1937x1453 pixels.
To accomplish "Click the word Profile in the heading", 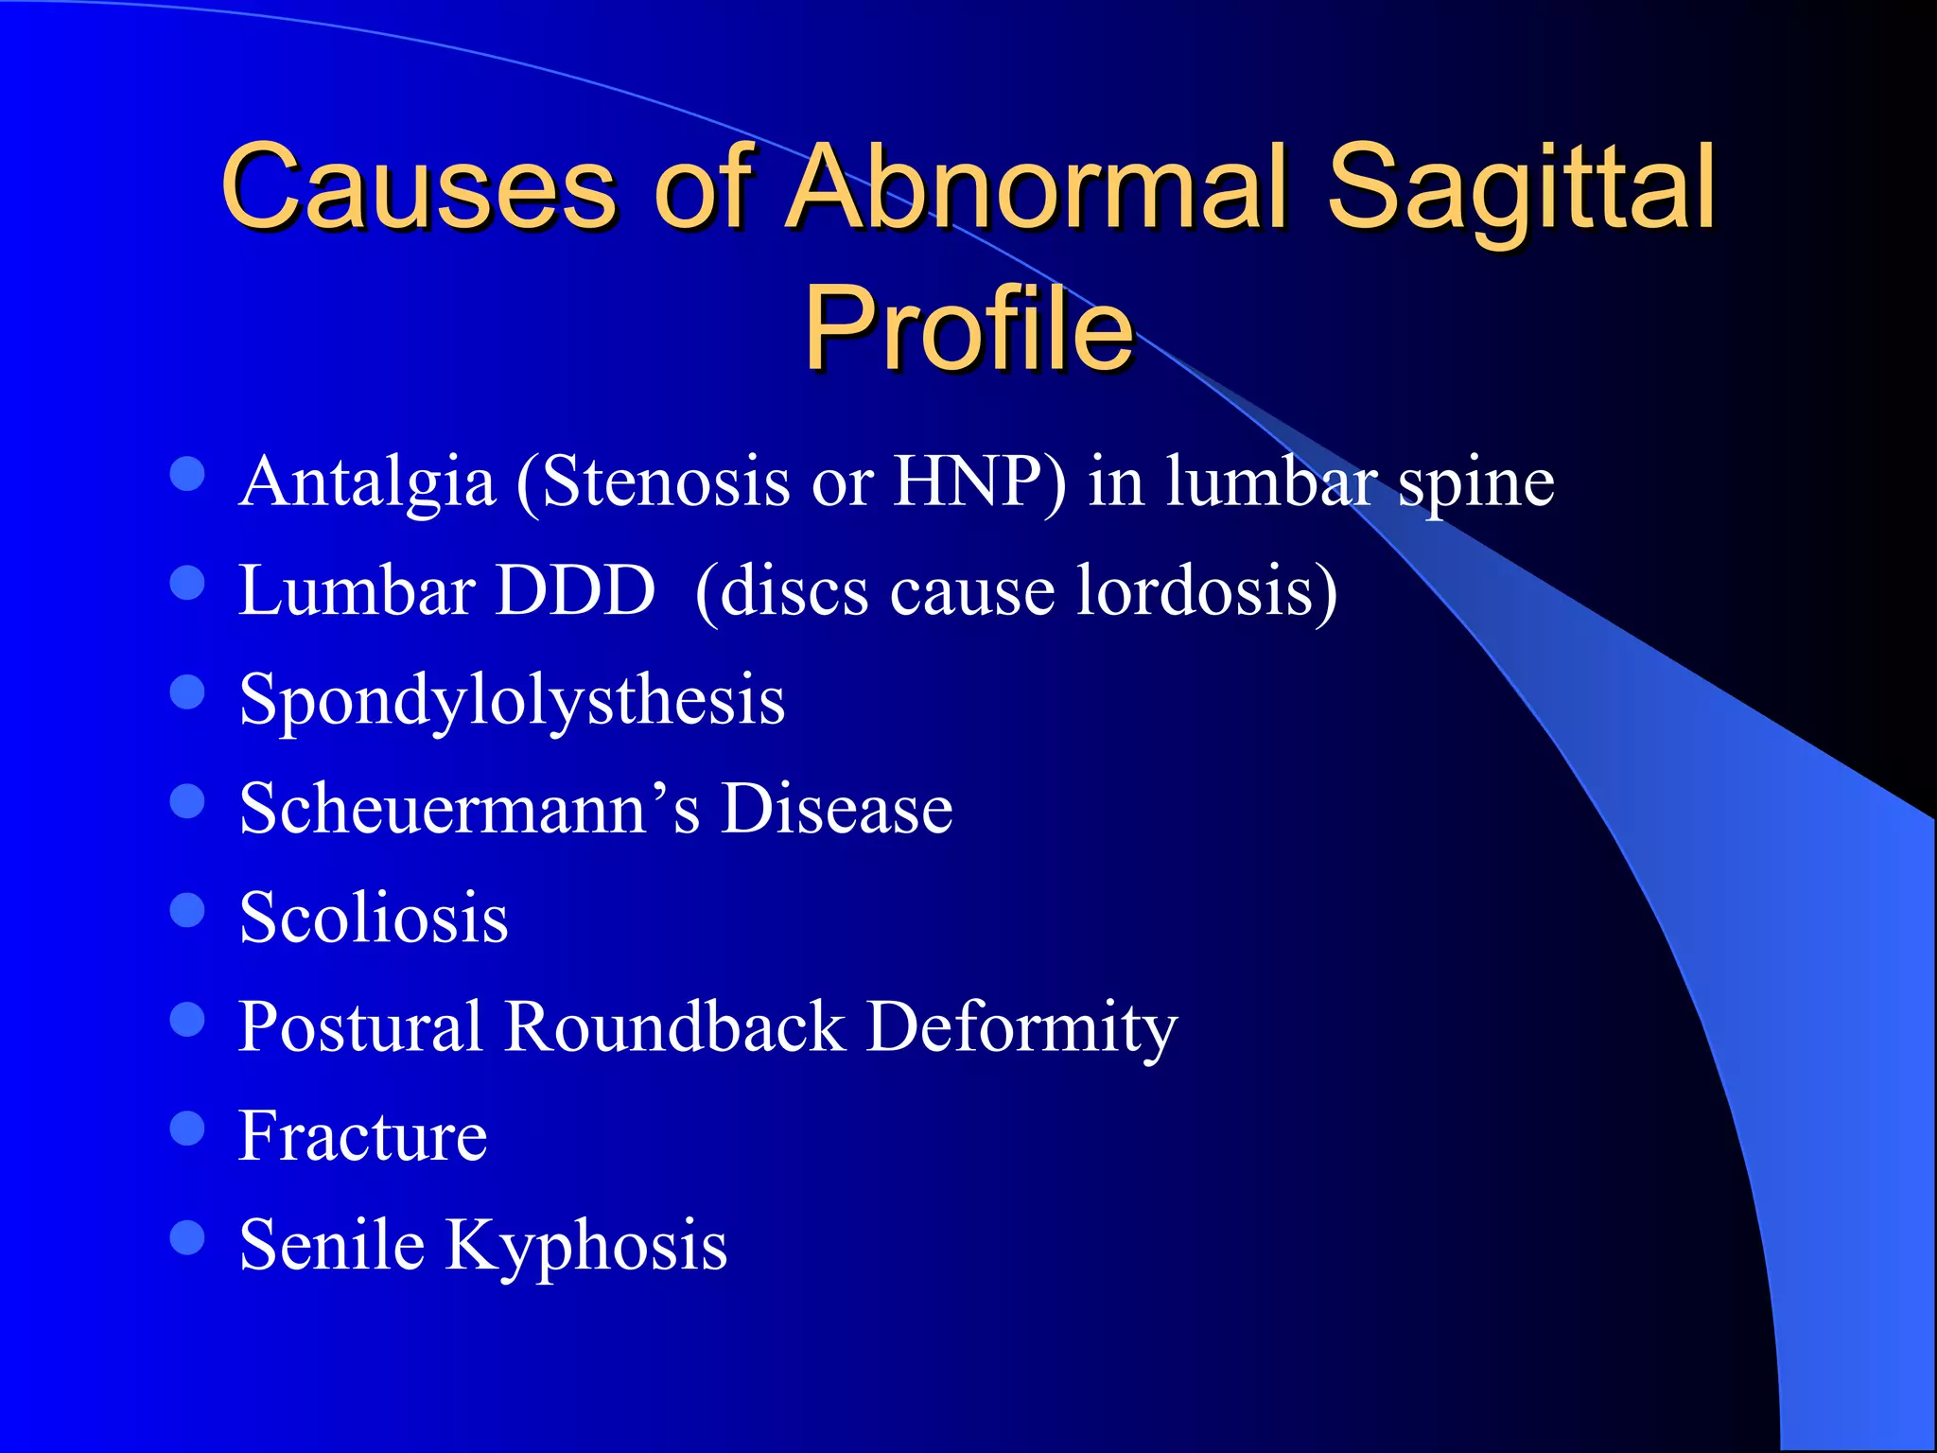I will (x=968, y=328).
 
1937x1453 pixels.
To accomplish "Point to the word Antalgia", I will (x=367, y=482).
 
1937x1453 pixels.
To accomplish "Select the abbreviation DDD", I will (x=576, y=590).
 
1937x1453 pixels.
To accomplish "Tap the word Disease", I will (x=836, y=809).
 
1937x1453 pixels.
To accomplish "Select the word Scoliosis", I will (x=374, y=918).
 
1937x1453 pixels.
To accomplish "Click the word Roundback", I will (x=674, y=1026).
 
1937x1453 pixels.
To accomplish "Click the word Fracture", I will (x=362, y=1135).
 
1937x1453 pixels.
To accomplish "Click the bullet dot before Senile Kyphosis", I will (x=187, y=1236).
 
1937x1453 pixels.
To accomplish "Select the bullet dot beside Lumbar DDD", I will (x=187, y=583).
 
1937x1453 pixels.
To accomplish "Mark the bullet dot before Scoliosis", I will (x=187, y=910).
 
